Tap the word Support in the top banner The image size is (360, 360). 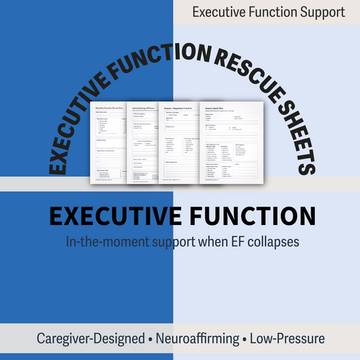(320, 12)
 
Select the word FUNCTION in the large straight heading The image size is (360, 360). (249, 216)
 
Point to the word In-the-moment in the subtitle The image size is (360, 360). (105, 240)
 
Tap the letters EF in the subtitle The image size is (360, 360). (225, 240)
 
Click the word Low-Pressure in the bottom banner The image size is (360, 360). (288, 338)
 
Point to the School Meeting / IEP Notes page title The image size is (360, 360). (147, 105)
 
